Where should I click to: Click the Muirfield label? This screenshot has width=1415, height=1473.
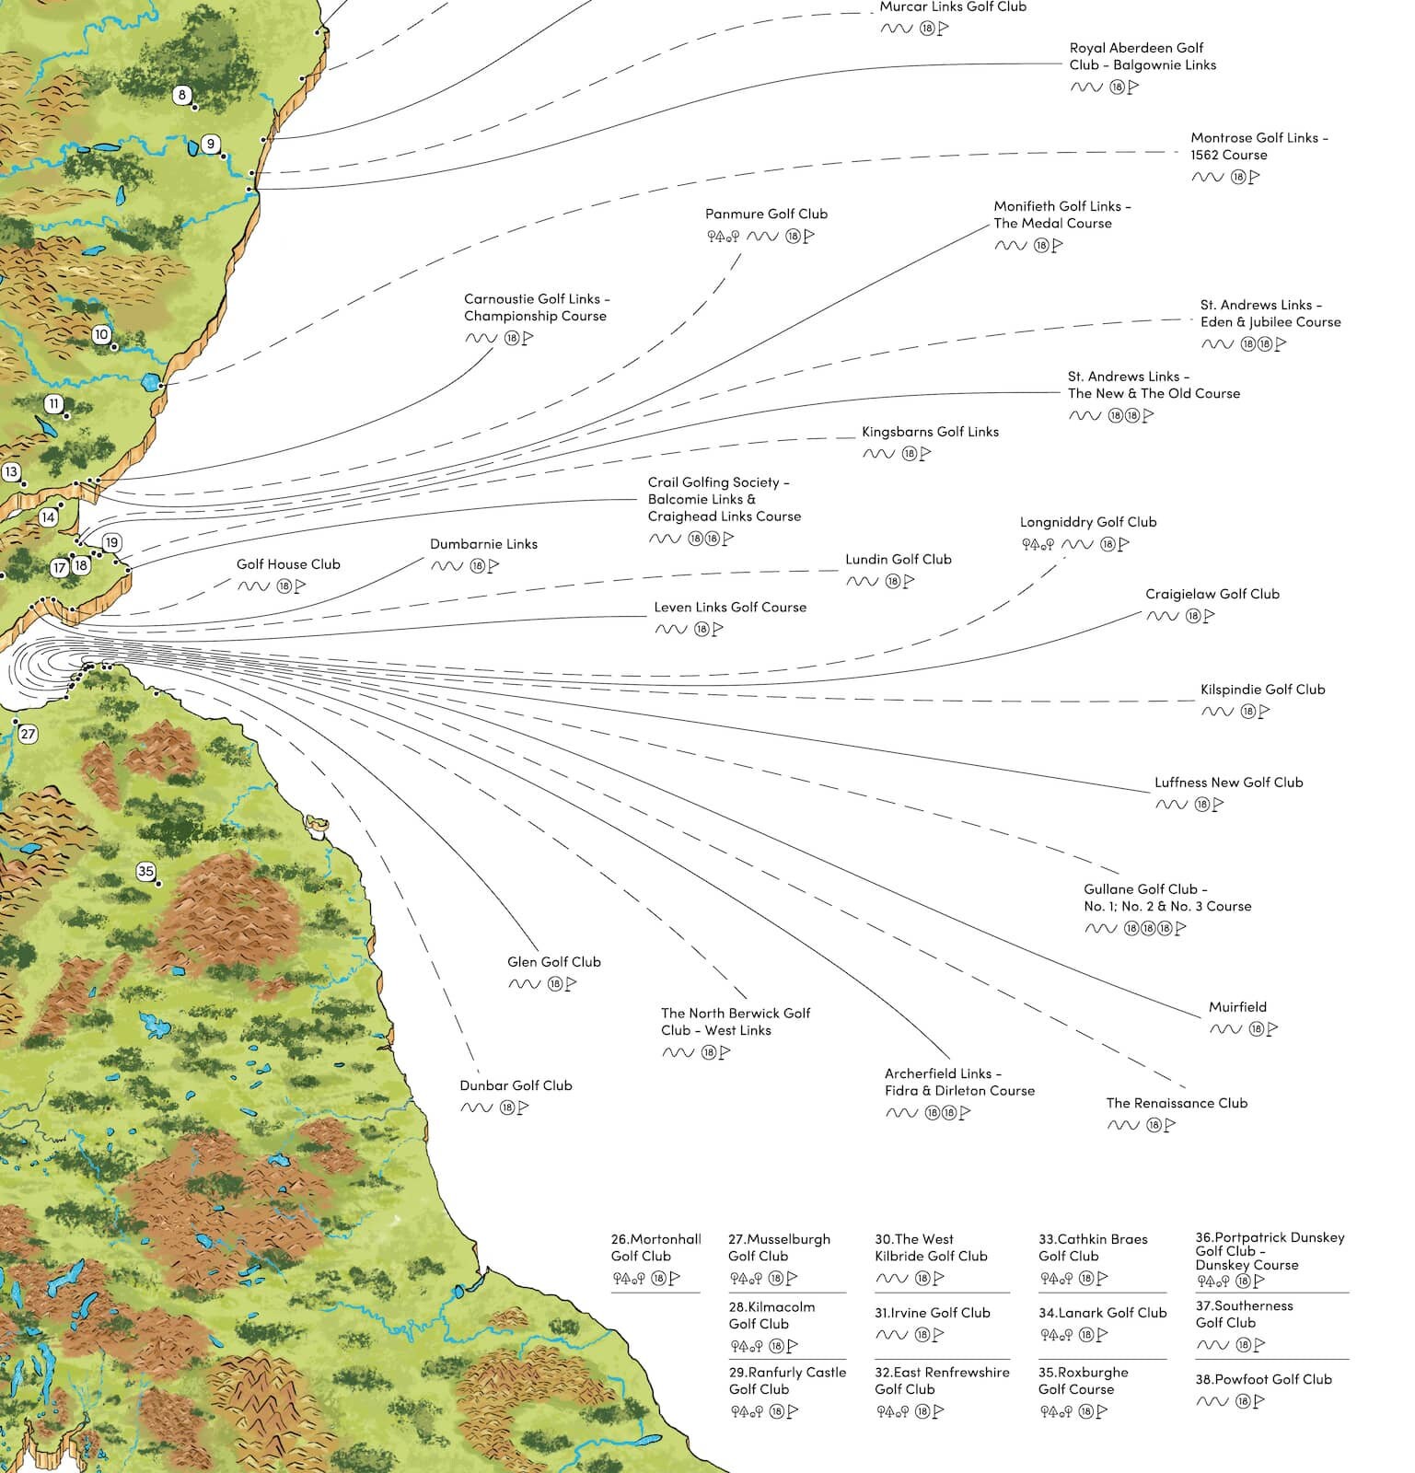click(x=1237, y=1007)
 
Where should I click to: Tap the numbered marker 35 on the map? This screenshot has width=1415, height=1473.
click(x=145, y=871)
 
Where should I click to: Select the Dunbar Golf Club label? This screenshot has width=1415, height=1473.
click(x=516, y=1085)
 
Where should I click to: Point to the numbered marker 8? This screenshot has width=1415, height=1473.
click(x=182, y=95)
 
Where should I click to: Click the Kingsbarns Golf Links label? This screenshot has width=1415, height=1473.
click(x=930, y=432)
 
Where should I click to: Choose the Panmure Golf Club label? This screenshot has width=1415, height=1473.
click(x=766, y=214)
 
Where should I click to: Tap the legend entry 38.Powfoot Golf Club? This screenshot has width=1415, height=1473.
click(x=1263, y=1379)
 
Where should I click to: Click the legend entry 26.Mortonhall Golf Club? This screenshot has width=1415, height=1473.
click(x=655, y=1247)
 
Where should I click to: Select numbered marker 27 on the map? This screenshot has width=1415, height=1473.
click(x=28, y=734)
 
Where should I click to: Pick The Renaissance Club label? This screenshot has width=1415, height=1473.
click(x=1177, y=1103)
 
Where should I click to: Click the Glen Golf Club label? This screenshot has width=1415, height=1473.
click(x=553, y=962)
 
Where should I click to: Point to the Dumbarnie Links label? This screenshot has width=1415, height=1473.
click(x=483, y=544)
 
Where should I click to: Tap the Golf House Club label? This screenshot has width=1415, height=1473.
click(x=288, y=564)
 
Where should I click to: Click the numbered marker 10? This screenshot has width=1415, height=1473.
click(x=101, y=335)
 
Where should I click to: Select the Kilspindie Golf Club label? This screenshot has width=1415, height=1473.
click(x=1262, y=690)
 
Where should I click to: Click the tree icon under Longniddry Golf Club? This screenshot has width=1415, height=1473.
click(x=1038, y=544)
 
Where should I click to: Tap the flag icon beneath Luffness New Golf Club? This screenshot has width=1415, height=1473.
click(x=1218, y=804)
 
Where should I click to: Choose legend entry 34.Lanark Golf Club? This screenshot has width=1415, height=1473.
click(x=1102, y=1313)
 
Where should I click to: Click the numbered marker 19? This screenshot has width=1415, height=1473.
click(x=112, y=543)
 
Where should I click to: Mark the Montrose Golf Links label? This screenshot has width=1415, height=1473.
click(x=1258, y=146)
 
